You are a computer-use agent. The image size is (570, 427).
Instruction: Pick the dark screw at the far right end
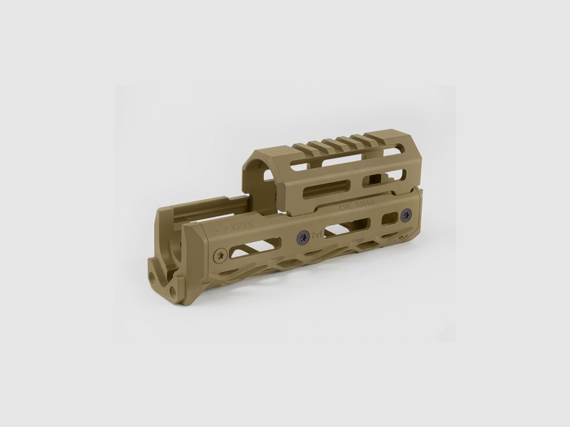pos(405,216)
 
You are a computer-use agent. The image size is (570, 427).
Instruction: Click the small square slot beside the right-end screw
pos(390,218)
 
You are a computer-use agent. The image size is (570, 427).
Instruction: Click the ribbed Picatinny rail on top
pos(342,143)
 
